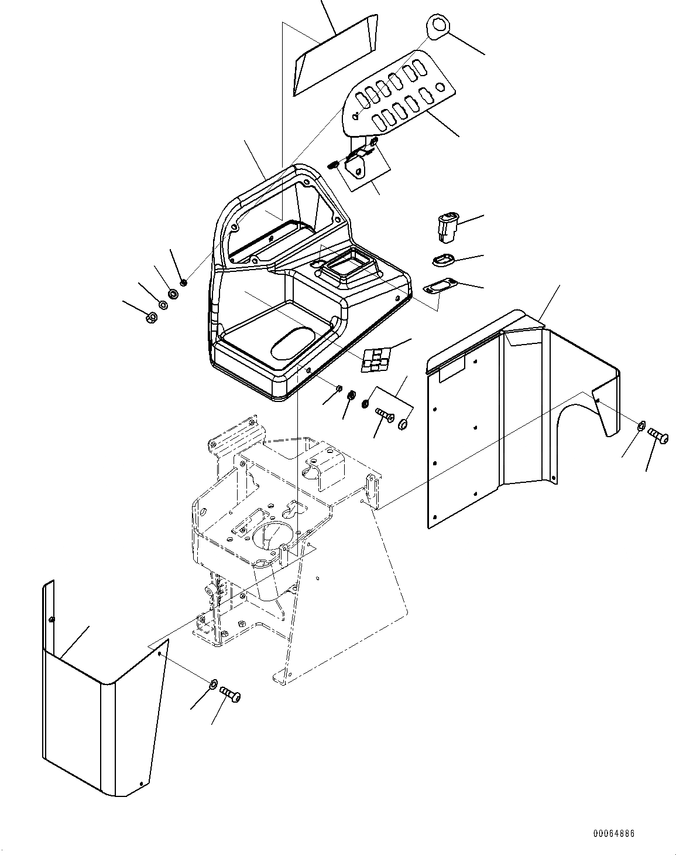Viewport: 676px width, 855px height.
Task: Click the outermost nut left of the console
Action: (149, 318)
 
